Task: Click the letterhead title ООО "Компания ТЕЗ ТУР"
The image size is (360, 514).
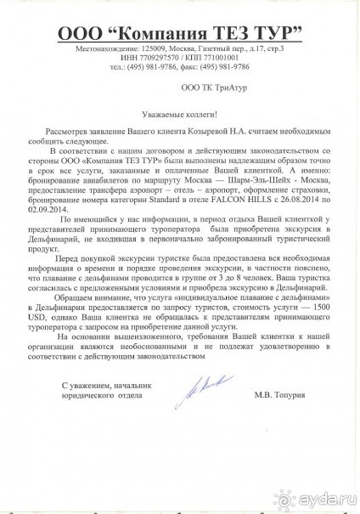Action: [x=180, y=33]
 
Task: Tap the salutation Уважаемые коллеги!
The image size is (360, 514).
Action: [x=179, y=113]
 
